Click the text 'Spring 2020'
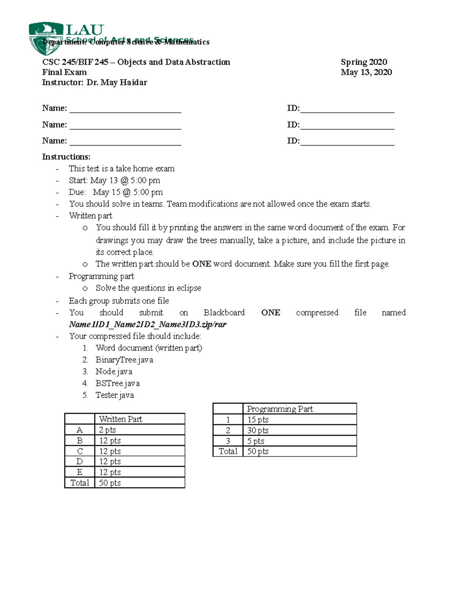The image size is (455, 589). [364, 62]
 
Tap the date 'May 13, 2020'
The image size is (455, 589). [366, 72]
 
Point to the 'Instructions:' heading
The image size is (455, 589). [66, 157]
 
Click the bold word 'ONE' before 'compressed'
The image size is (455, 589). [271, 313]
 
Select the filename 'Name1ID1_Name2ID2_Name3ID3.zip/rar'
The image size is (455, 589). [147, 325]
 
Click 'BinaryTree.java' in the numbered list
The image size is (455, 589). [124, 360]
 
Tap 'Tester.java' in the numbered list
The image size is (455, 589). [115, 395]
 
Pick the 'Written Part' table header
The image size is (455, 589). [121, 419]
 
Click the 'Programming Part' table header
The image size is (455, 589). [280, 409]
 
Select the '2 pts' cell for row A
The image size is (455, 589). [108, 430]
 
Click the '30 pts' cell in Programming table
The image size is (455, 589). [258, 430]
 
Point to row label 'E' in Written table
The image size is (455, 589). [80, 473]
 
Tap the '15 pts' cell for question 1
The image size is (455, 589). [258, 420]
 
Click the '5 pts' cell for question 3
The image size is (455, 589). [256, 441]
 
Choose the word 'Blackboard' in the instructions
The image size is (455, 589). [224, 313]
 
